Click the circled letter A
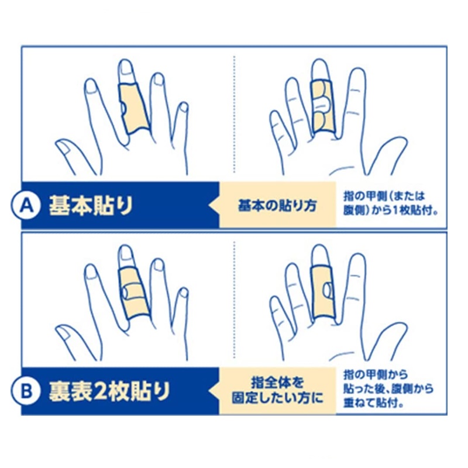click(26, 206)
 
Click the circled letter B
click(26, 391)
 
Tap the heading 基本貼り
click(91, 206)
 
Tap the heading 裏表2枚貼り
click(109, 391)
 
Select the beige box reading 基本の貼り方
click(277, 206)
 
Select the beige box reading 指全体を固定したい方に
click(277, 391)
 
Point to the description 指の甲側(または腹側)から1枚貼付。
click(391, 203)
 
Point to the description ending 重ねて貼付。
click(388, 389)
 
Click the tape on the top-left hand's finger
click(134, 108)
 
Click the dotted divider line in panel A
click(235, 114)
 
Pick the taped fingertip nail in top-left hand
click(126, 67)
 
